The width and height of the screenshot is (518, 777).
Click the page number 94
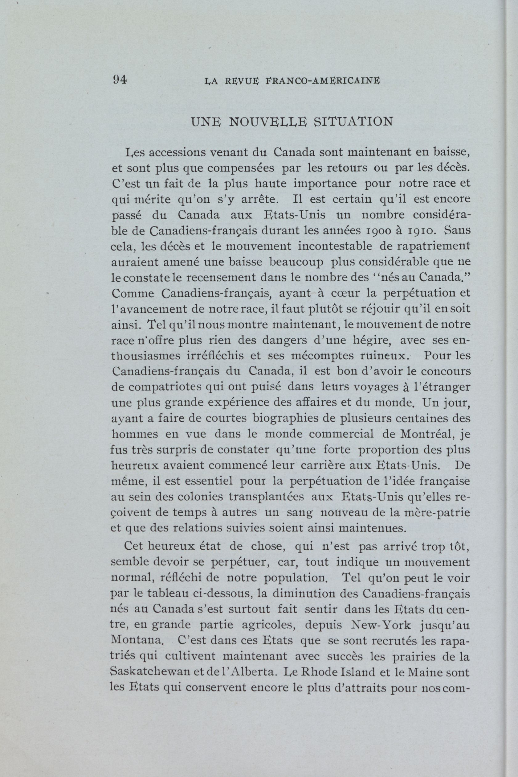coord(120,80)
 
